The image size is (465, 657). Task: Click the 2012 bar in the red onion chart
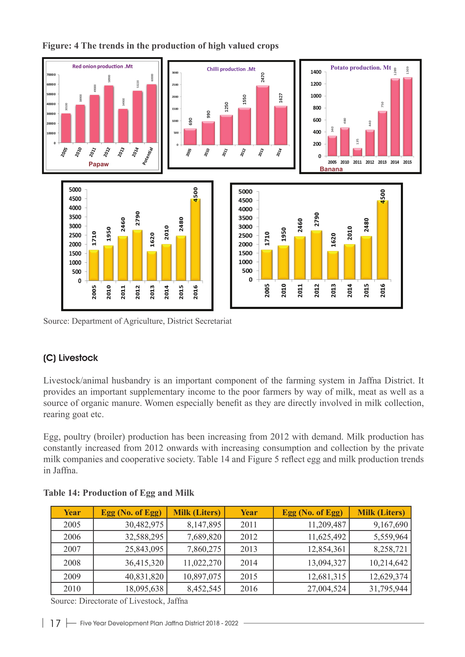click(109, 114)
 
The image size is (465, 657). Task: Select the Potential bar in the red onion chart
click(152, 113)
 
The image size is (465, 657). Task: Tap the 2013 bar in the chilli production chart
click(262, 115)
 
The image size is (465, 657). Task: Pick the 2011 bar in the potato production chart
click(357, 152)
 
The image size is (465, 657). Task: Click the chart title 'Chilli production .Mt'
click(231, 69)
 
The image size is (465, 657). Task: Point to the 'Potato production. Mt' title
click(360, 67)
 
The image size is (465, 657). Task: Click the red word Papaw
click(98, 164)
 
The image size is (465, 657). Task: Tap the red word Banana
click(331, 169)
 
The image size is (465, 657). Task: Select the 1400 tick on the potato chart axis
click(316, 72)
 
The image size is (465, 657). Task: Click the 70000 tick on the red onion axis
click(51, 75)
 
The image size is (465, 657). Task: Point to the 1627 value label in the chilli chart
click(281, 98)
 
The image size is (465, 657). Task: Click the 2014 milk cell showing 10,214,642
click(388, 563)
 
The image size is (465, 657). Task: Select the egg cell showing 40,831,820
click(144, 576)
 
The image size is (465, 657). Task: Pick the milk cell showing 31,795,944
click(388, 589)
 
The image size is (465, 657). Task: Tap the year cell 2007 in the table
click(72, 549)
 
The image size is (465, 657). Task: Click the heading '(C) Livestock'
click(71, 358)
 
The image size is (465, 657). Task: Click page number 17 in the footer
click(55, 623)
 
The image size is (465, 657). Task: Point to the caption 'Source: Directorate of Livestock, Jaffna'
click(119, 601)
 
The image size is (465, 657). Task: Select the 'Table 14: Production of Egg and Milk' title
click(119, 493)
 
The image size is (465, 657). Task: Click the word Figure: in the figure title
click(57, 46)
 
